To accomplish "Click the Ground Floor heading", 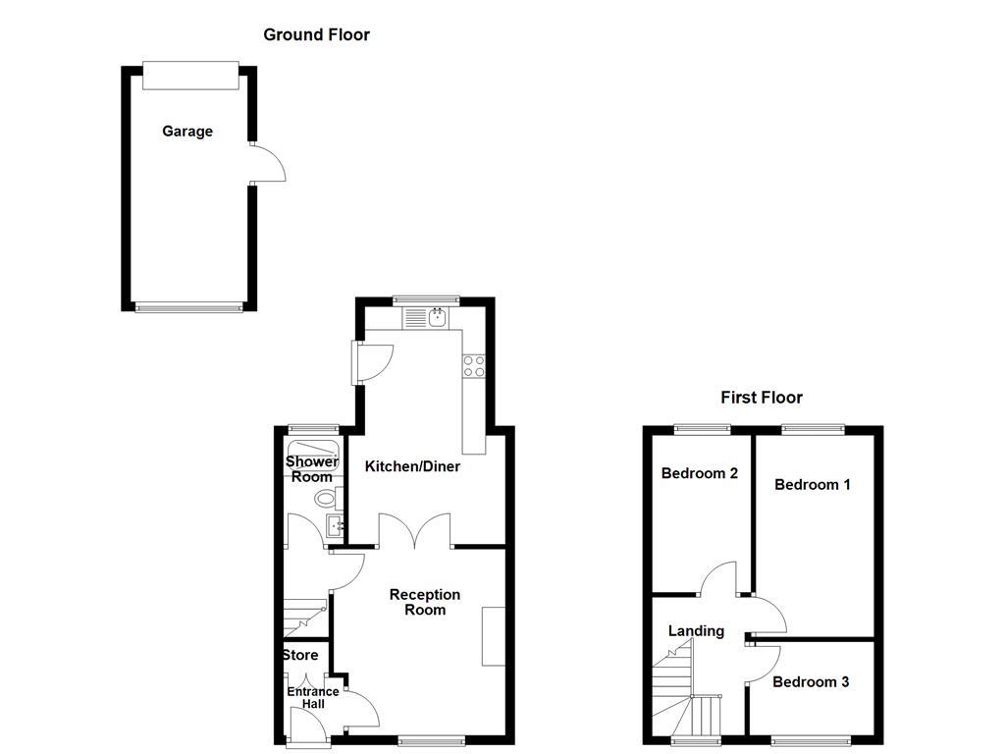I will click(316, 35).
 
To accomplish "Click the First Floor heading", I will click(761, 398).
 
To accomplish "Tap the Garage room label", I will click(187, 132).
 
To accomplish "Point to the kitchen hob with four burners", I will click(473, 365).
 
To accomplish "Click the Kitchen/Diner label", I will click(412, 466).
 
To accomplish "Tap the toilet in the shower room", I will click(327, 498).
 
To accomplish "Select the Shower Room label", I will click(312, 469).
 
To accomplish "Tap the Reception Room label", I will click(424, 602).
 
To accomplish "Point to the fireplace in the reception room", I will click(493, 637).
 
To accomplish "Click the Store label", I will click(300, 655).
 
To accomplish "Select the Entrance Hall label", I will click(312, 697).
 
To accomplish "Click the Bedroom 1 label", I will click(812, 484).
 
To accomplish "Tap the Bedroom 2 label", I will click(699, 473).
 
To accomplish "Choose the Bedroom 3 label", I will click(810, 682).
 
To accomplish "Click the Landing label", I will click(696, 631).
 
